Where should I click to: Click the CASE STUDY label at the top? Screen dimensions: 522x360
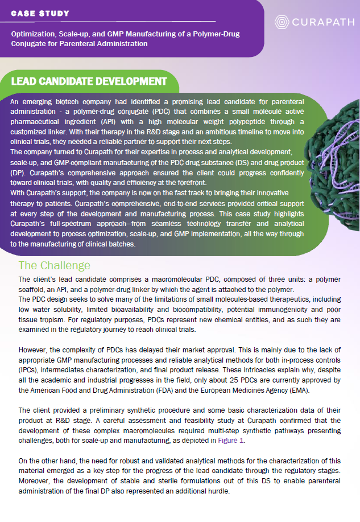40,13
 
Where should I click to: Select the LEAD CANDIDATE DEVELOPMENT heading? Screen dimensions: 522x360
89,81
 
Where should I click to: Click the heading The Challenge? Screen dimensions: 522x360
54,266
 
